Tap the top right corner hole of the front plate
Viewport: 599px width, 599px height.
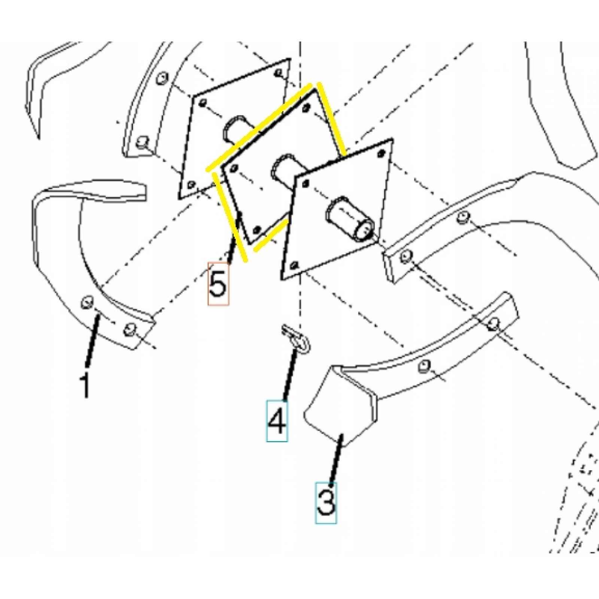pos(381,152)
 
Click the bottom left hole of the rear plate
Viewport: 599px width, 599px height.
pos(191,185)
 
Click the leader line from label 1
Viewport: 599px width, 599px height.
pos(93,341)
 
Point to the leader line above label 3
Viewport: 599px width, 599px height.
pos(335,459)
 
